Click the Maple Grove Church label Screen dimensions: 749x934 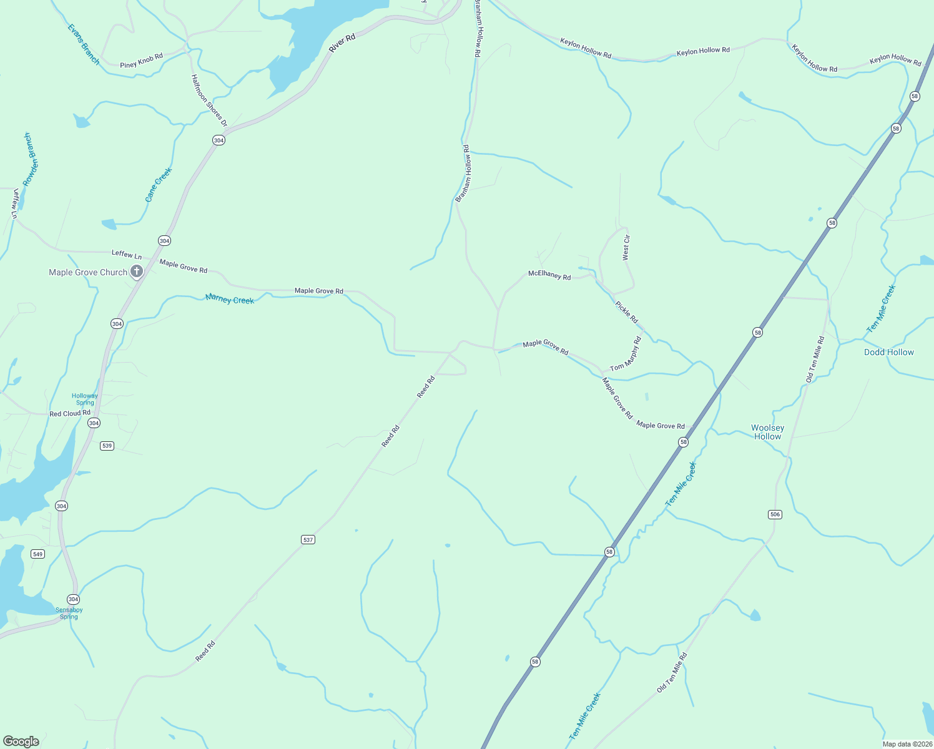88,272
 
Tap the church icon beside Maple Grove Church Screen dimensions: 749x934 137,272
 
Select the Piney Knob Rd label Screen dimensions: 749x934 142,61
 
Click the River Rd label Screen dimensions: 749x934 342,42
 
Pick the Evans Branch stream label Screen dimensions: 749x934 83,44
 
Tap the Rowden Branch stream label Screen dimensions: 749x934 31,159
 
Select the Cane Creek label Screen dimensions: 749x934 158,185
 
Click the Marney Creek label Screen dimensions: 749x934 230,300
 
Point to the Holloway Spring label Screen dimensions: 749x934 85,399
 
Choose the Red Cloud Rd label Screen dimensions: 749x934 70,413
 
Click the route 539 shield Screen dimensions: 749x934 107,446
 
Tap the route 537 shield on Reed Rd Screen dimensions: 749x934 308,539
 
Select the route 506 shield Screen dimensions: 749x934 775,514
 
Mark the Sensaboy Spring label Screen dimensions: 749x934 69,613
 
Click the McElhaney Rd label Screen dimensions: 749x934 549,275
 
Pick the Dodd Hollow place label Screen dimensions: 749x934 888,352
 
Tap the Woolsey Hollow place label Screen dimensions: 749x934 767,432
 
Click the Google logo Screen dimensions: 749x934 21,742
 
